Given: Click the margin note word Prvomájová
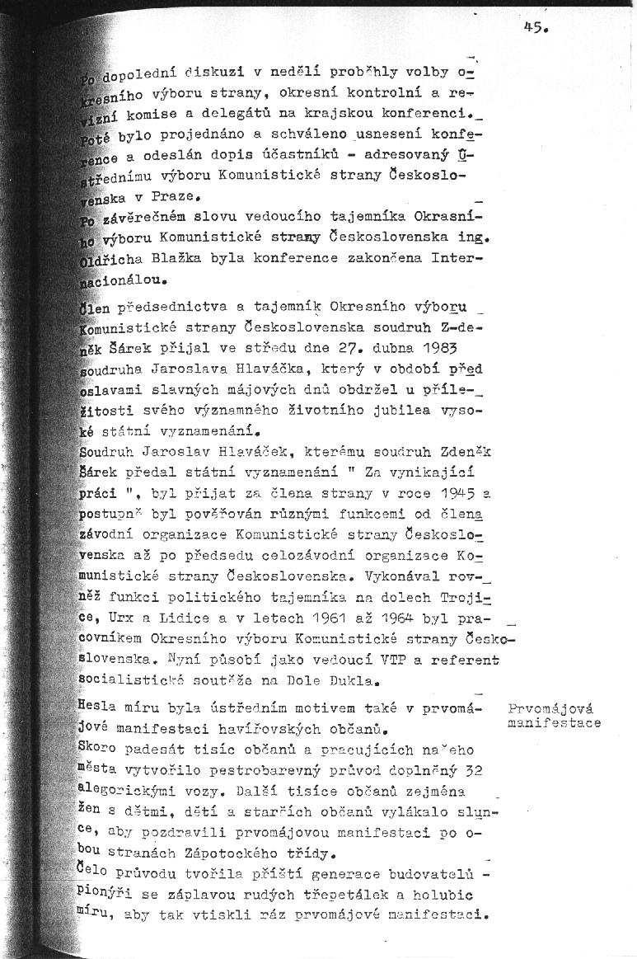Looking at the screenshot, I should [x=551, y=708].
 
